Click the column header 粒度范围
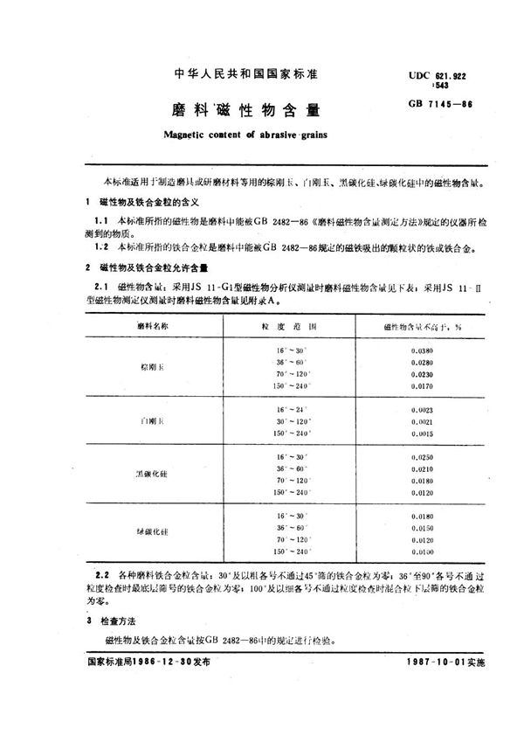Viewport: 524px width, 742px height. pos(292,324)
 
